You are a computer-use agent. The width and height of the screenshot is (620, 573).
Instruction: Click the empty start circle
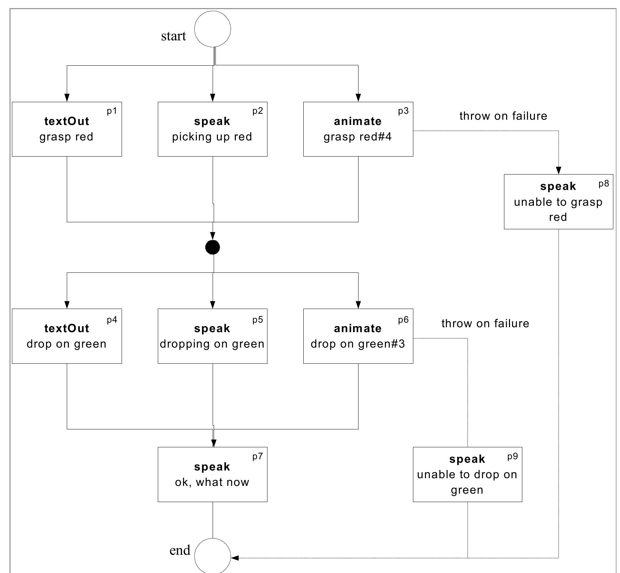click(213, 29)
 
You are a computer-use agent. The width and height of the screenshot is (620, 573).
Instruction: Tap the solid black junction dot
click(213, 247)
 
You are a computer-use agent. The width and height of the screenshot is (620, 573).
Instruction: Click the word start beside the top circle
click(173, 36)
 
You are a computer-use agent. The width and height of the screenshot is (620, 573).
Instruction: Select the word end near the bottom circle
click(180, 550)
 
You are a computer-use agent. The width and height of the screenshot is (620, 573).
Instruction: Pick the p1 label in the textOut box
click(112, 111)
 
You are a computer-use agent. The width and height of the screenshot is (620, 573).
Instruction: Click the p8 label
click(603, 184)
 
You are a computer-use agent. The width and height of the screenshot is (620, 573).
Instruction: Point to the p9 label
click(512, 456)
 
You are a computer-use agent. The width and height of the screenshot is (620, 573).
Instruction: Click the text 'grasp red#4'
click(357, 137)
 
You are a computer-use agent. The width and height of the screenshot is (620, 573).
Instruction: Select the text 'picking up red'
click(212, 137)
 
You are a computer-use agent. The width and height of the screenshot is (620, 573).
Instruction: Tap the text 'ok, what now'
click(212, 482)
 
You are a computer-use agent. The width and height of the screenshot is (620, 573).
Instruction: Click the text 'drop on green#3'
click(357, 344)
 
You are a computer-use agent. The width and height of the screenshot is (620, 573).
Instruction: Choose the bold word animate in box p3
click(357, 121)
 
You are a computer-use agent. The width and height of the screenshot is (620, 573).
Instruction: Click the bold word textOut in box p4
click(67, 328)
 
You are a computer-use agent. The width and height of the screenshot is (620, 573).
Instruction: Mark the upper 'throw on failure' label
click(503, 116)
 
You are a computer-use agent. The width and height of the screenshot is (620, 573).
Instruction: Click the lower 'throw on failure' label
click(485, 323)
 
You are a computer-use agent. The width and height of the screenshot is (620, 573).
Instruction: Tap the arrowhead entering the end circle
click(235, 558)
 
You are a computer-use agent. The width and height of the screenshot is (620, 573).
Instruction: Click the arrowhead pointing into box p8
click(558, 170)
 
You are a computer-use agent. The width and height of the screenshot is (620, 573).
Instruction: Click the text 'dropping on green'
click(212, 344)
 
